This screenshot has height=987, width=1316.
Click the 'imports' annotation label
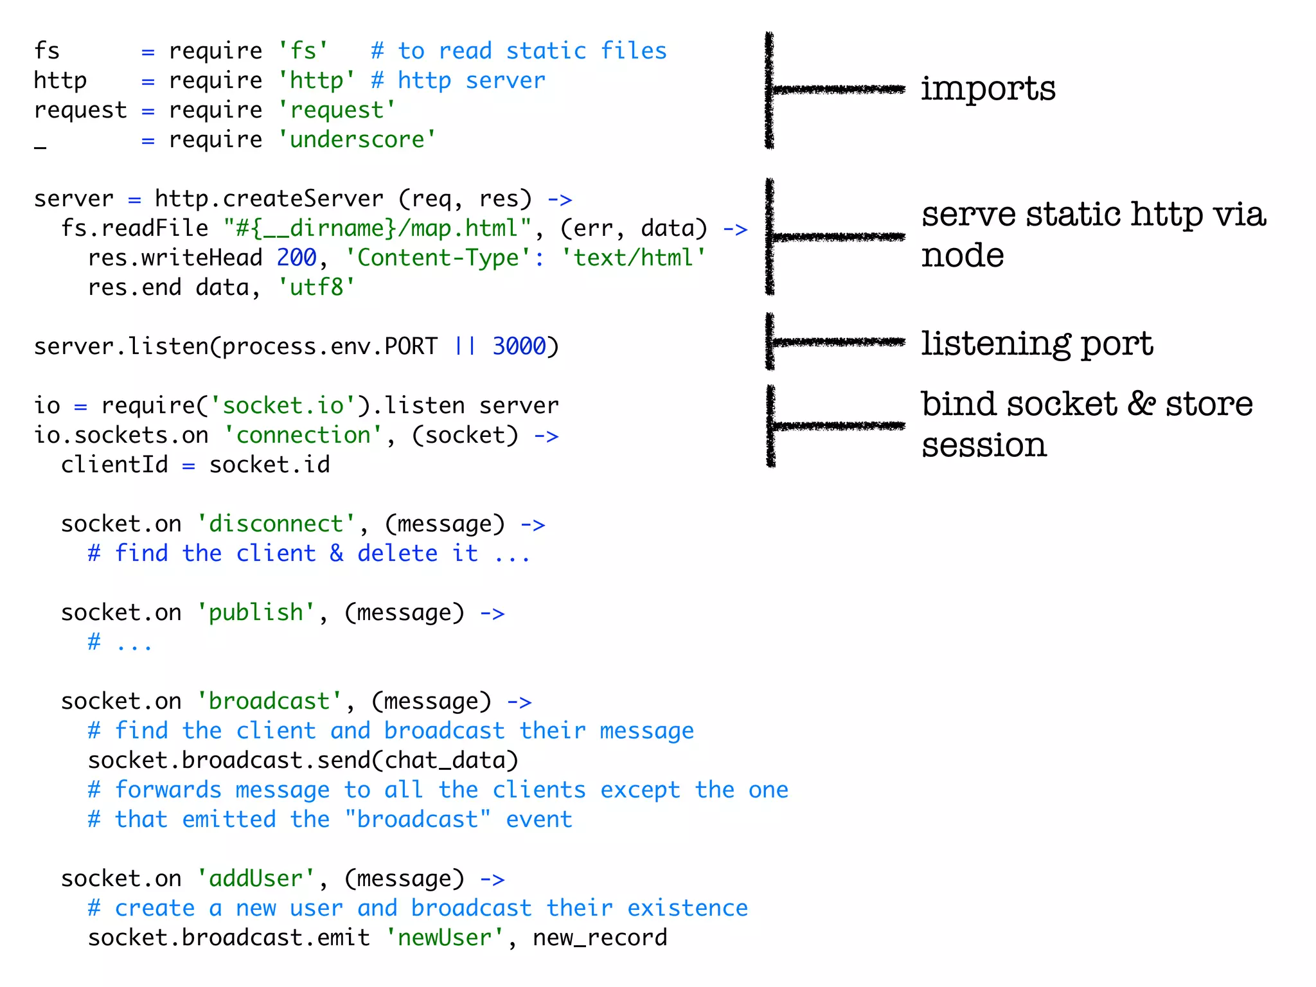(x=988, y=89)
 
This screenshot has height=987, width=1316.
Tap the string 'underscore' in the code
(x=357, y=139)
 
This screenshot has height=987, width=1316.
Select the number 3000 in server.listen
(x=519, y=346)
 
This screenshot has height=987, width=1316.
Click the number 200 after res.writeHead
(x=296, y=258)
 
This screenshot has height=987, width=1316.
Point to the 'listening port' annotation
(x=1036, y=344)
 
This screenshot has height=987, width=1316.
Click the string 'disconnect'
(x=276, y=524)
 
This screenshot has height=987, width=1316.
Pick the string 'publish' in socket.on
(x=256, y=612)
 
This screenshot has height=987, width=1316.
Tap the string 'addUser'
(x=256, y=878)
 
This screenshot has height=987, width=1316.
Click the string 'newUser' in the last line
(x=445, y=938)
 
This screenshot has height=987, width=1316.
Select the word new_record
(x=600, y=938)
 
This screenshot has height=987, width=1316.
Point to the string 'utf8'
(x=317, y=287)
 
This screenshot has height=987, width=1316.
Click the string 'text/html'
(x=634, y=258)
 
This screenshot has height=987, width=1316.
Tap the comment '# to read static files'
(x=519, y=51)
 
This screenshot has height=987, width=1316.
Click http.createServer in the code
(x=269, y=199)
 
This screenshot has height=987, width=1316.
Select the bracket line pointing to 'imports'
(x=835, y=89)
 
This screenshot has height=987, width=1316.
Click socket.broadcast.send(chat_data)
(x=303, y=760)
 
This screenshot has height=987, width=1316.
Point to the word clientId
(x=114, y=465)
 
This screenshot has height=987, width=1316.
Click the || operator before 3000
(x=465, y=346)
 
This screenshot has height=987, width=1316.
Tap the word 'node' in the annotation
(x=962, y=256)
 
